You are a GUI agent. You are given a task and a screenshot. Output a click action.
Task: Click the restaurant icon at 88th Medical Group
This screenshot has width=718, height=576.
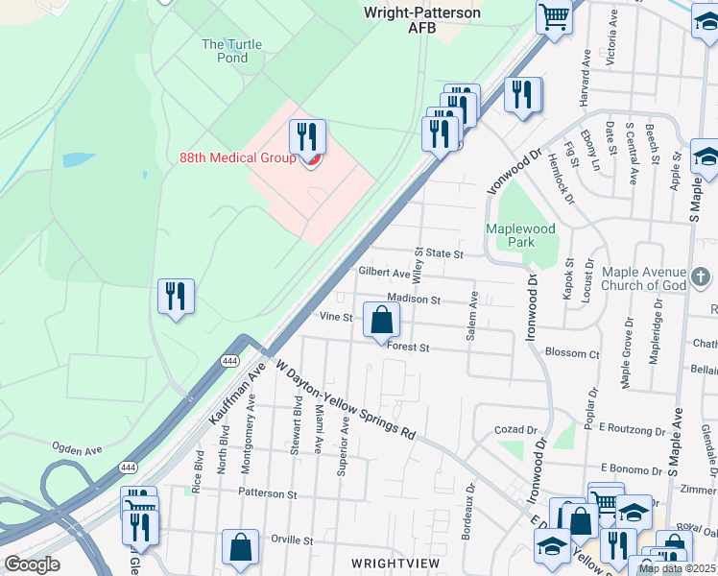307,138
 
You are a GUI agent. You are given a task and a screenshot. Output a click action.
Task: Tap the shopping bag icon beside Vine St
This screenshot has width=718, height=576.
381,321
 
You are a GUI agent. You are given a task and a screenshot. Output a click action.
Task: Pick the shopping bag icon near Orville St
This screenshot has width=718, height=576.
240,548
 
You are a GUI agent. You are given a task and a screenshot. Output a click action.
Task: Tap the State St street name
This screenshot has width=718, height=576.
445,254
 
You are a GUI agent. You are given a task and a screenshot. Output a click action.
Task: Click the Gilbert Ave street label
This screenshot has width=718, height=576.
384,273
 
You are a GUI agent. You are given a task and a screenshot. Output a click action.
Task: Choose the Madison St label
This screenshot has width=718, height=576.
414,300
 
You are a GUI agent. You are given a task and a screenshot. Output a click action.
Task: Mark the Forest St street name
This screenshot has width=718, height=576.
408,348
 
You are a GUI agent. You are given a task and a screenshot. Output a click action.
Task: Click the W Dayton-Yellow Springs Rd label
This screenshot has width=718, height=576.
346,399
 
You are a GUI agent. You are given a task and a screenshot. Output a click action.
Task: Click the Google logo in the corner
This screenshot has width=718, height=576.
32,564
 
